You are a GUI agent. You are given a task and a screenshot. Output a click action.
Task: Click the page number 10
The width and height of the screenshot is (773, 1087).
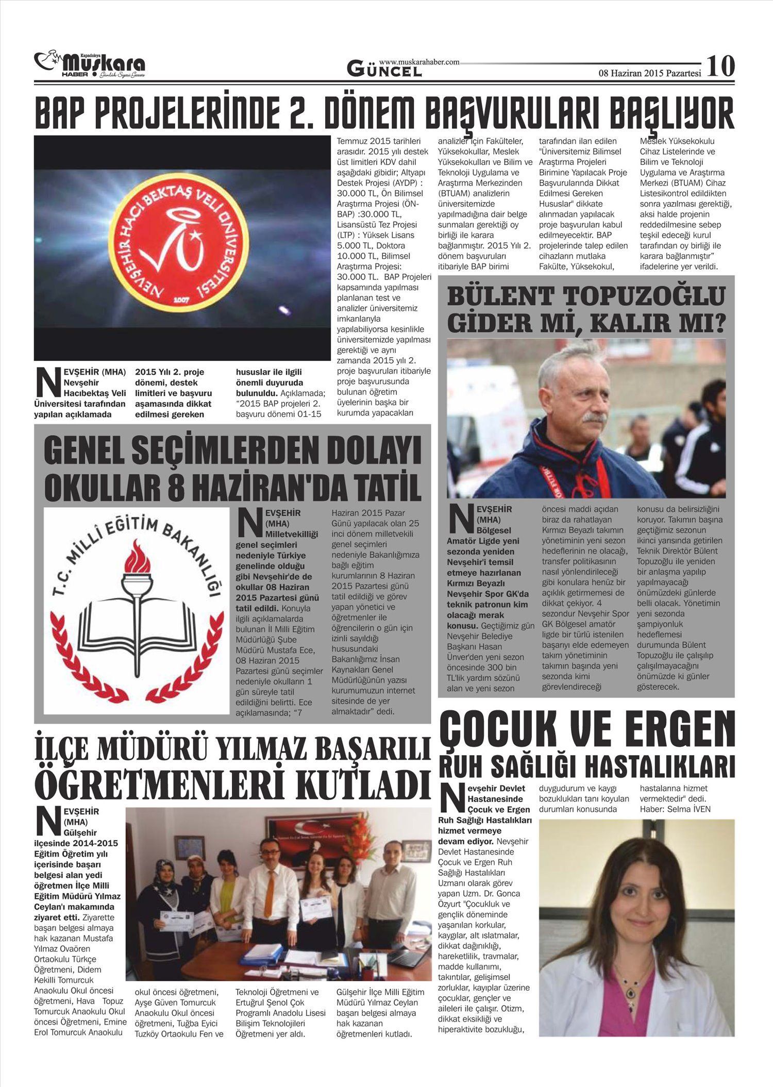(x=720, y=66)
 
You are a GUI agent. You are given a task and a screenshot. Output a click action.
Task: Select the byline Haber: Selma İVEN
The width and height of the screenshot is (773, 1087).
(x=675, y=809)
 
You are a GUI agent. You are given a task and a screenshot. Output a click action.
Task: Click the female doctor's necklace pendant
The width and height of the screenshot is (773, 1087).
(x=629, y=992)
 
